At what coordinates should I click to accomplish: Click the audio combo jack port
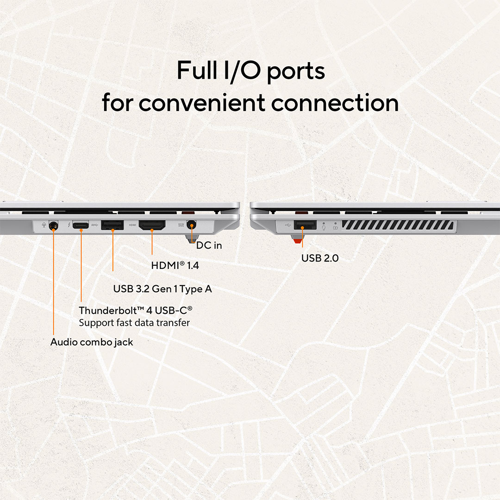coord(54,226)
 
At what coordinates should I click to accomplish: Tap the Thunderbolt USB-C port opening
coord(81,225)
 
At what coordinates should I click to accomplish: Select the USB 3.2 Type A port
coord(112,225)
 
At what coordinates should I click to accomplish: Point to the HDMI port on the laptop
coord(152,225)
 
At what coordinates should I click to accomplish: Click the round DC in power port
coord(191,225)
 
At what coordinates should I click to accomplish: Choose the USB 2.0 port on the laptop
coord(305,225)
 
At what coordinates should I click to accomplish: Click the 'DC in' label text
coord(209,245)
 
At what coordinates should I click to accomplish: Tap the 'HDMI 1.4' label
coord(175,265)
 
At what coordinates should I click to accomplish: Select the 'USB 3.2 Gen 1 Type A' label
coord(162,289)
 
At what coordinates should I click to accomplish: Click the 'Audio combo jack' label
coord(92,342)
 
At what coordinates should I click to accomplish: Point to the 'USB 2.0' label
coord(320,258)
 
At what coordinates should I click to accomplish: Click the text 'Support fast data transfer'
coord(134,323)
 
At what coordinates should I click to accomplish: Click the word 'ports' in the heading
coord(295,71)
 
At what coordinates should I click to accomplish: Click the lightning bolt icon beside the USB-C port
coord(69,225)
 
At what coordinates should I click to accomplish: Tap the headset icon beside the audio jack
coord(44,225)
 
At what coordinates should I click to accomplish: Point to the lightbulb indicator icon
coord(324,227)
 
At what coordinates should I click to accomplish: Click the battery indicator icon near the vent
coord(336,228)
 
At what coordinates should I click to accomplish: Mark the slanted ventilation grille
coord(398,225)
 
